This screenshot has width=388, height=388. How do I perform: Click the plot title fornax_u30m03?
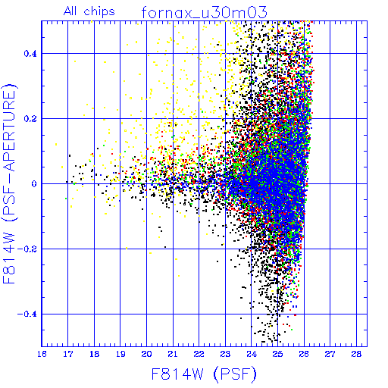(x=205, y=12)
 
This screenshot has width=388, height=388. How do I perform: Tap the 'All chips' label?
(x=89, y=11)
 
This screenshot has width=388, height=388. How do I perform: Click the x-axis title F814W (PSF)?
(x=204, y=374)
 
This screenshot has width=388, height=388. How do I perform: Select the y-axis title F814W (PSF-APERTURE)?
(x=9, y=183)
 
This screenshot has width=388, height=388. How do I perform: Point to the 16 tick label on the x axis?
(x=42, y=354)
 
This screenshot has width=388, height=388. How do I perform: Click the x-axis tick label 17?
(x=68, y=354)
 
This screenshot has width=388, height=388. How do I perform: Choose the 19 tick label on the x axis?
(x=120, y=354)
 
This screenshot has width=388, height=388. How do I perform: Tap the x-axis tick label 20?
(x=146, y=354)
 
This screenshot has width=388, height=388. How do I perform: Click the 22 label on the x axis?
(x=199, y=354)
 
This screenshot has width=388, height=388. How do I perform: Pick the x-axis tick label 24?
(x=252, y=354)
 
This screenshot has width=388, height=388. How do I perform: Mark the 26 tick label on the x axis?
(x=304, y=354)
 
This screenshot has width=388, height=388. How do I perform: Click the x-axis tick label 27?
(x=330, y=354)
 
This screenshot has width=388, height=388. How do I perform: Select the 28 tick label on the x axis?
(x=356, y=354)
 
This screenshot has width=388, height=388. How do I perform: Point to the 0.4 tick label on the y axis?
(x=30, y=54)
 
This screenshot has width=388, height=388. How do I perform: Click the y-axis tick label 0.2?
(x=30, y=119)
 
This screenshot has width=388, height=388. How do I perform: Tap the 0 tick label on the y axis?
(x=34, y=184)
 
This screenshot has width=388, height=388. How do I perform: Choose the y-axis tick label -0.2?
(x=27, y=249)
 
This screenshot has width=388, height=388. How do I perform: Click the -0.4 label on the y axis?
(x=27, y=314)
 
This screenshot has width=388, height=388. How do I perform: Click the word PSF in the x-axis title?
(x=235, y=374)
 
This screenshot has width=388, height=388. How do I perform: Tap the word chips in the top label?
(x=99, y=12)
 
